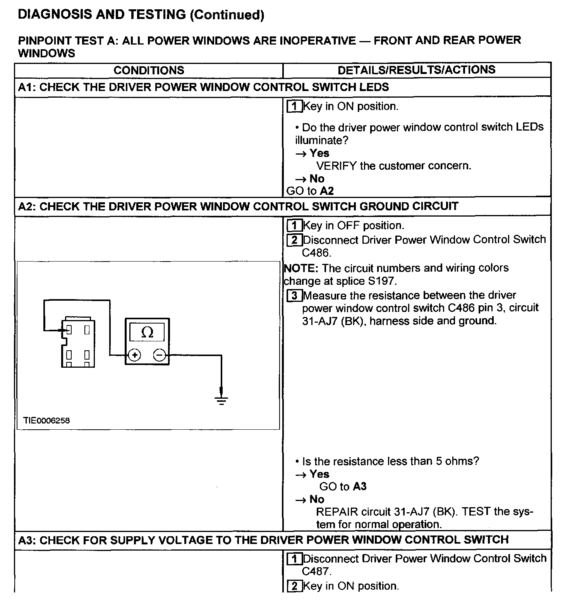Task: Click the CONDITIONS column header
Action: coord(149,70)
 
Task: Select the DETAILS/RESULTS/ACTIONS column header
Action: coord(416,70)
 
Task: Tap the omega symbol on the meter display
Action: coord(147,332)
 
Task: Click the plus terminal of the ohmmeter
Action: coord(134,355)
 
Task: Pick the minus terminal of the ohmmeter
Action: coord(160,355)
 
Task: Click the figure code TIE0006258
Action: coord(46,420)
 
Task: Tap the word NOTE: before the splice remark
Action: coord(301,268)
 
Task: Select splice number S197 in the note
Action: coord(382,281)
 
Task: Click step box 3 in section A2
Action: coord(294,296)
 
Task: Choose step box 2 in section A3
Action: coord(294,586)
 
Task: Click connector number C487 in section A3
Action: coord(316,571)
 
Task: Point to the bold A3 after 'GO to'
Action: coord(359,486)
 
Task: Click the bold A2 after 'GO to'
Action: coord(327,191)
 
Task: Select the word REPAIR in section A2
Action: coord(337,512)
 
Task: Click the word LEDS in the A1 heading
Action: coord(373,87)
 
